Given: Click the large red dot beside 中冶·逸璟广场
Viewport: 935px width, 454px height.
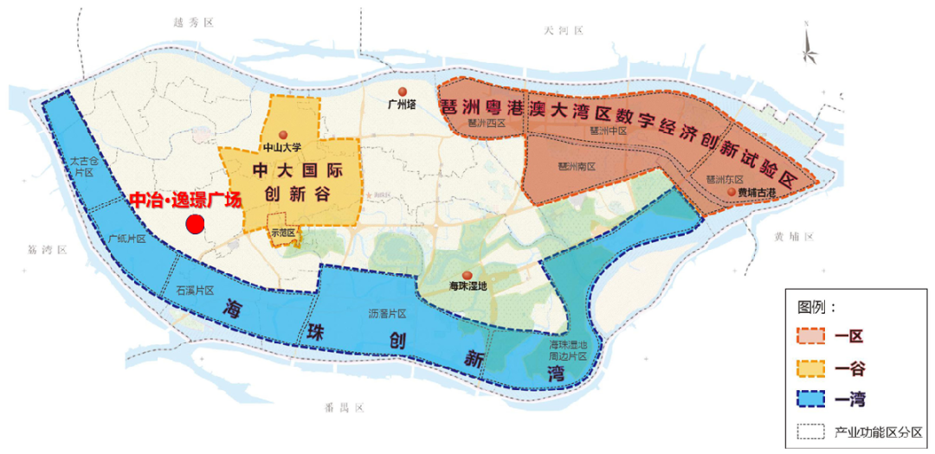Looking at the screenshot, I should pyautogui.click(x=195, y=225).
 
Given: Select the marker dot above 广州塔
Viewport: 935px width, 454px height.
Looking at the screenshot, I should pyautogui.click(x=402, y=92).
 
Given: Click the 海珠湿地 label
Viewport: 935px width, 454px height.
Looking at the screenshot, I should pyautogui.click(x=468, y=285).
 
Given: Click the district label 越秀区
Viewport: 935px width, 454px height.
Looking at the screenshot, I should pyautogui.click(x=193, y=22).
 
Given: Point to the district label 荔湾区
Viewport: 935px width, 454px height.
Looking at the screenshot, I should pyautogui.click(x=47, y=249).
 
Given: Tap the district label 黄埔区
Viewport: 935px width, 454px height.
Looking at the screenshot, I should pyautogui.click(x=795, y=237).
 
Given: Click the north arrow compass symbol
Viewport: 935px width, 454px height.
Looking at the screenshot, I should pyautogui.click(x=809, y=48).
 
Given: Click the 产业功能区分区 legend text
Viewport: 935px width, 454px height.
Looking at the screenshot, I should pyautogui.click(x=878, y=431).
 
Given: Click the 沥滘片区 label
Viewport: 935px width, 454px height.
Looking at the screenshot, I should pyautogui.click(x=387, y=312).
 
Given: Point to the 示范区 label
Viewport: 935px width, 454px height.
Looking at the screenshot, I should pyautogui.click(x=283, y=233).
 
